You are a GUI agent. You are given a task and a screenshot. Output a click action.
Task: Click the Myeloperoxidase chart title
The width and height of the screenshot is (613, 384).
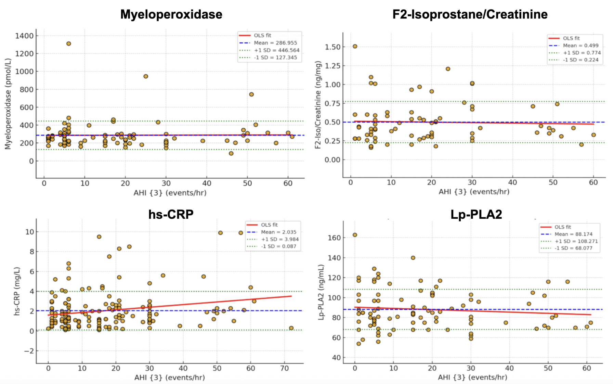pos(171,14)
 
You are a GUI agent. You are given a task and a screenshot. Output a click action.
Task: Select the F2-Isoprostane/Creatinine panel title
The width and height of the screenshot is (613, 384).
pos(470,14)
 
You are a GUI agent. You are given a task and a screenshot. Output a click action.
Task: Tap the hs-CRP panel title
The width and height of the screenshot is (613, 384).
pos(171,214)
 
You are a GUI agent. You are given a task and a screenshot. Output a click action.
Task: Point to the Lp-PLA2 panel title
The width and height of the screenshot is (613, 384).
pos(476,215)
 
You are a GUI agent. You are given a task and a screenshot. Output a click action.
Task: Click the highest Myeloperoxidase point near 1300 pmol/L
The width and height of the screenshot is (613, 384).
pos(69,44)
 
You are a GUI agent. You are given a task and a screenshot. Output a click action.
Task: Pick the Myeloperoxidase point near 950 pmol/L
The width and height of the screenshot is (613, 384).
pos(146,76)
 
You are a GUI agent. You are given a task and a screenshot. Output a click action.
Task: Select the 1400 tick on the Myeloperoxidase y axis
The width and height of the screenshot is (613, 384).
pos(24,36)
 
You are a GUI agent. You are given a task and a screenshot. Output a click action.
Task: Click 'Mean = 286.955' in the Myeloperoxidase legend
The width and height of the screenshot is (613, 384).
pos(275,43)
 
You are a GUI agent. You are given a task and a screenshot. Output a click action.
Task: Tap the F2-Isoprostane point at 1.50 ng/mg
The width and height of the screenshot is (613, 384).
pos(355,47)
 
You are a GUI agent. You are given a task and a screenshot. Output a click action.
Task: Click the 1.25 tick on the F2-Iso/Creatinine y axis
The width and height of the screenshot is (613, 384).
pos(332,66)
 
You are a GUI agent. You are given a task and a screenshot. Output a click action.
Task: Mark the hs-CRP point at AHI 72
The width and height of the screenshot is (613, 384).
pos(291,328)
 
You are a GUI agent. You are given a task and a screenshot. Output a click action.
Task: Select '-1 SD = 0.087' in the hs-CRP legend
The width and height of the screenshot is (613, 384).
pos(278,246)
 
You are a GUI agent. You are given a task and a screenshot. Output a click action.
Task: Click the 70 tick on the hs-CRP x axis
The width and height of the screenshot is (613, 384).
pos(284,368)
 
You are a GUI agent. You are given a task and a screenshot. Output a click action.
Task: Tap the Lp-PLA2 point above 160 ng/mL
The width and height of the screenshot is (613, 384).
pos(355,235)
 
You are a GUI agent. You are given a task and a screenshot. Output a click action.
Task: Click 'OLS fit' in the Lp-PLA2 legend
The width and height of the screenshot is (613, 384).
pos(563,227)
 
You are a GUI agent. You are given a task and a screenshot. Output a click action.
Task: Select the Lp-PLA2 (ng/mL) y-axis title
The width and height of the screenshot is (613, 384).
pos(321,292)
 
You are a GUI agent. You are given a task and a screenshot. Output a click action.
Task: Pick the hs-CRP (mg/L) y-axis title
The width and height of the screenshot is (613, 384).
pos(17,291)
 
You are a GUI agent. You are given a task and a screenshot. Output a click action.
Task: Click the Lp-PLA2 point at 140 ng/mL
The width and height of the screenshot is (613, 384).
pos(413,258)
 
